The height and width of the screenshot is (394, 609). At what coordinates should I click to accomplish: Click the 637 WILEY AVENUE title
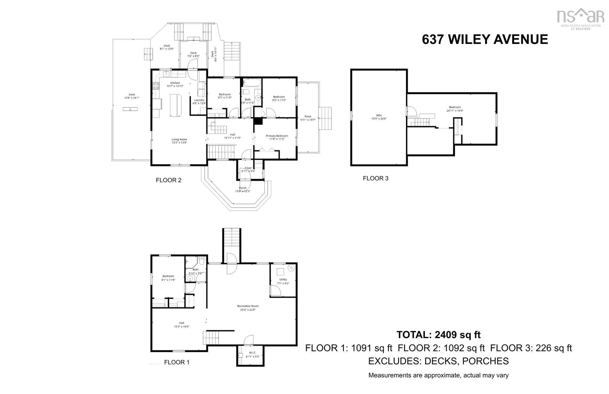point(485,39)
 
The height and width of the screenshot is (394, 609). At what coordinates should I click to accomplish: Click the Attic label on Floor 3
point(379,117)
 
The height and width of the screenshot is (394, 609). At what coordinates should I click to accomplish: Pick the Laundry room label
point(199,102)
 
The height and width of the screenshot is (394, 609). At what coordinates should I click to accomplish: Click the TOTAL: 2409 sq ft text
point(438,335)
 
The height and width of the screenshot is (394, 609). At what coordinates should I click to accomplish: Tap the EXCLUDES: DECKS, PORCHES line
point(438,361)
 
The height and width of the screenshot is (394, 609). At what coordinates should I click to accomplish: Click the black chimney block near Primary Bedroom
point(258,121)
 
